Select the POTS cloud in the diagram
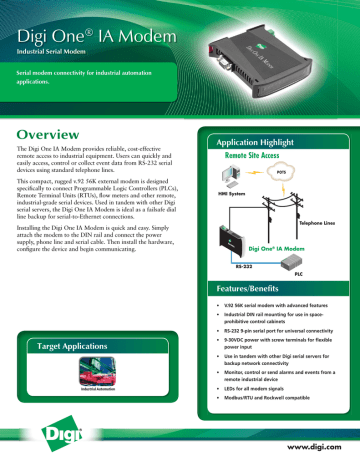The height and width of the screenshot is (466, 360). [x=285, y=174]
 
